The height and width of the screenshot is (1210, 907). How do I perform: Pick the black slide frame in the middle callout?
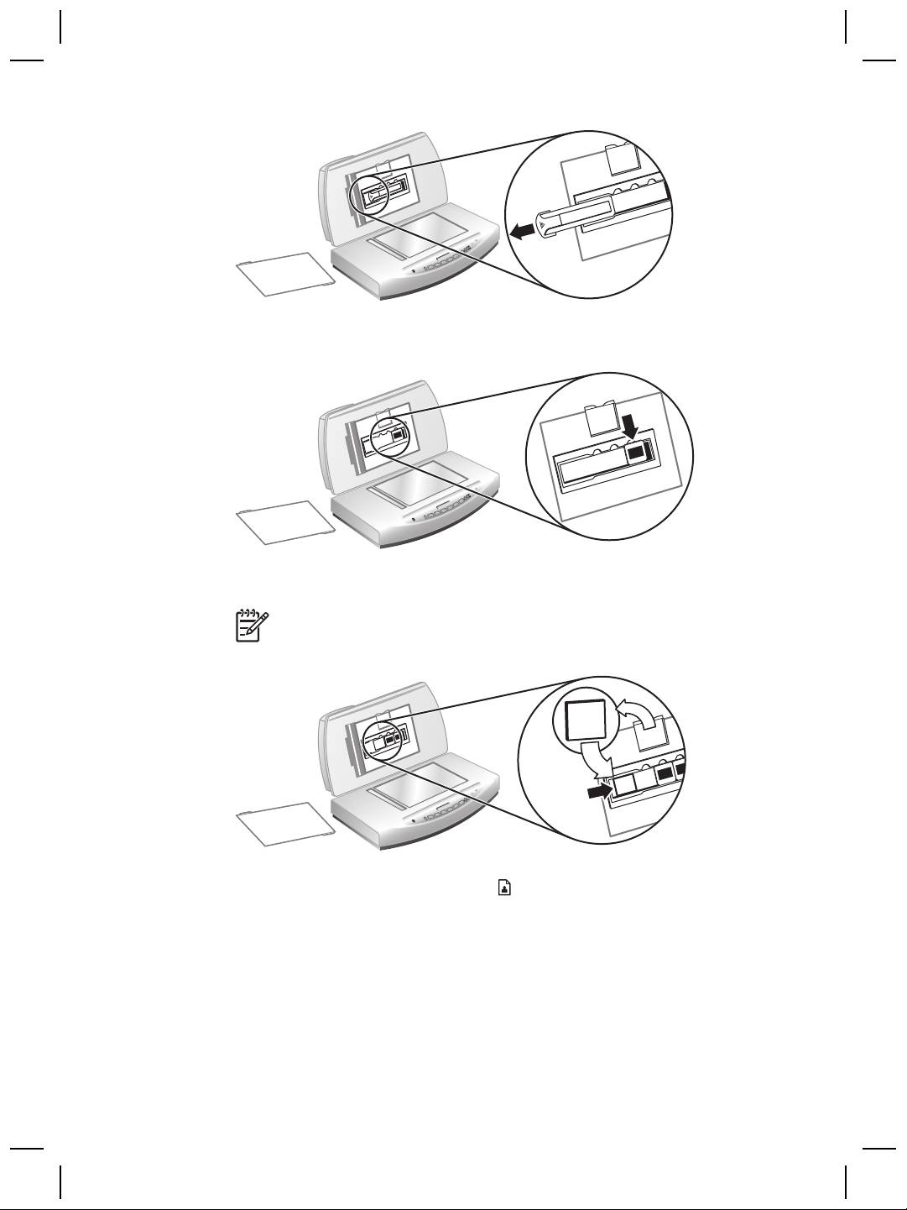pyautogui.click(x=637, y=453)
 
